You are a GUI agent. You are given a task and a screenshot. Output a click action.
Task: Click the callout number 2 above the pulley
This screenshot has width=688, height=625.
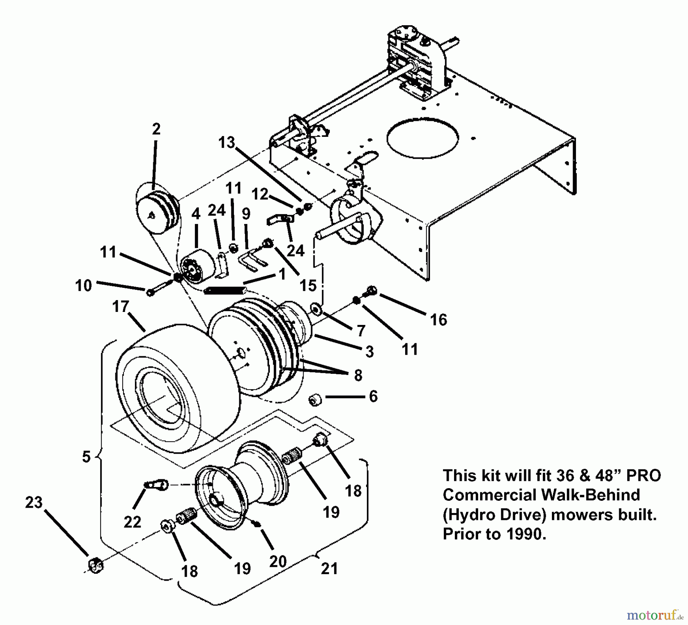[156, 129]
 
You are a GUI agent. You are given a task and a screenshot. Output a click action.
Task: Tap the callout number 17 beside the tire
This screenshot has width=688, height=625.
[121, 307]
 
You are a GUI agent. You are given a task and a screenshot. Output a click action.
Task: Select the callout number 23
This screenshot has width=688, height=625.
[34, 503]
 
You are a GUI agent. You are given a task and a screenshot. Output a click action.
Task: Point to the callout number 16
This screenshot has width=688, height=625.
[438, 320]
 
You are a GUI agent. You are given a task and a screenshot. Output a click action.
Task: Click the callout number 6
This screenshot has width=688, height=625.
[373, 396]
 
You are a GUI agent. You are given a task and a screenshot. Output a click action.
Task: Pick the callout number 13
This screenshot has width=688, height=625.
[226, 143]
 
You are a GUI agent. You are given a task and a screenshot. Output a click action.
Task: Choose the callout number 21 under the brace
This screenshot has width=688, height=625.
[329, 569]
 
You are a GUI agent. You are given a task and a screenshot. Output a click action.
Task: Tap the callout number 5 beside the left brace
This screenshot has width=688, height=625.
[86, 456]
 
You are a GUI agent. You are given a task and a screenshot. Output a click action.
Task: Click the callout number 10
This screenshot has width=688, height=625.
[84, 286]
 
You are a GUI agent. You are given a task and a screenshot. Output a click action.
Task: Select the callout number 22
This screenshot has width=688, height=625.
[132, 522]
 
